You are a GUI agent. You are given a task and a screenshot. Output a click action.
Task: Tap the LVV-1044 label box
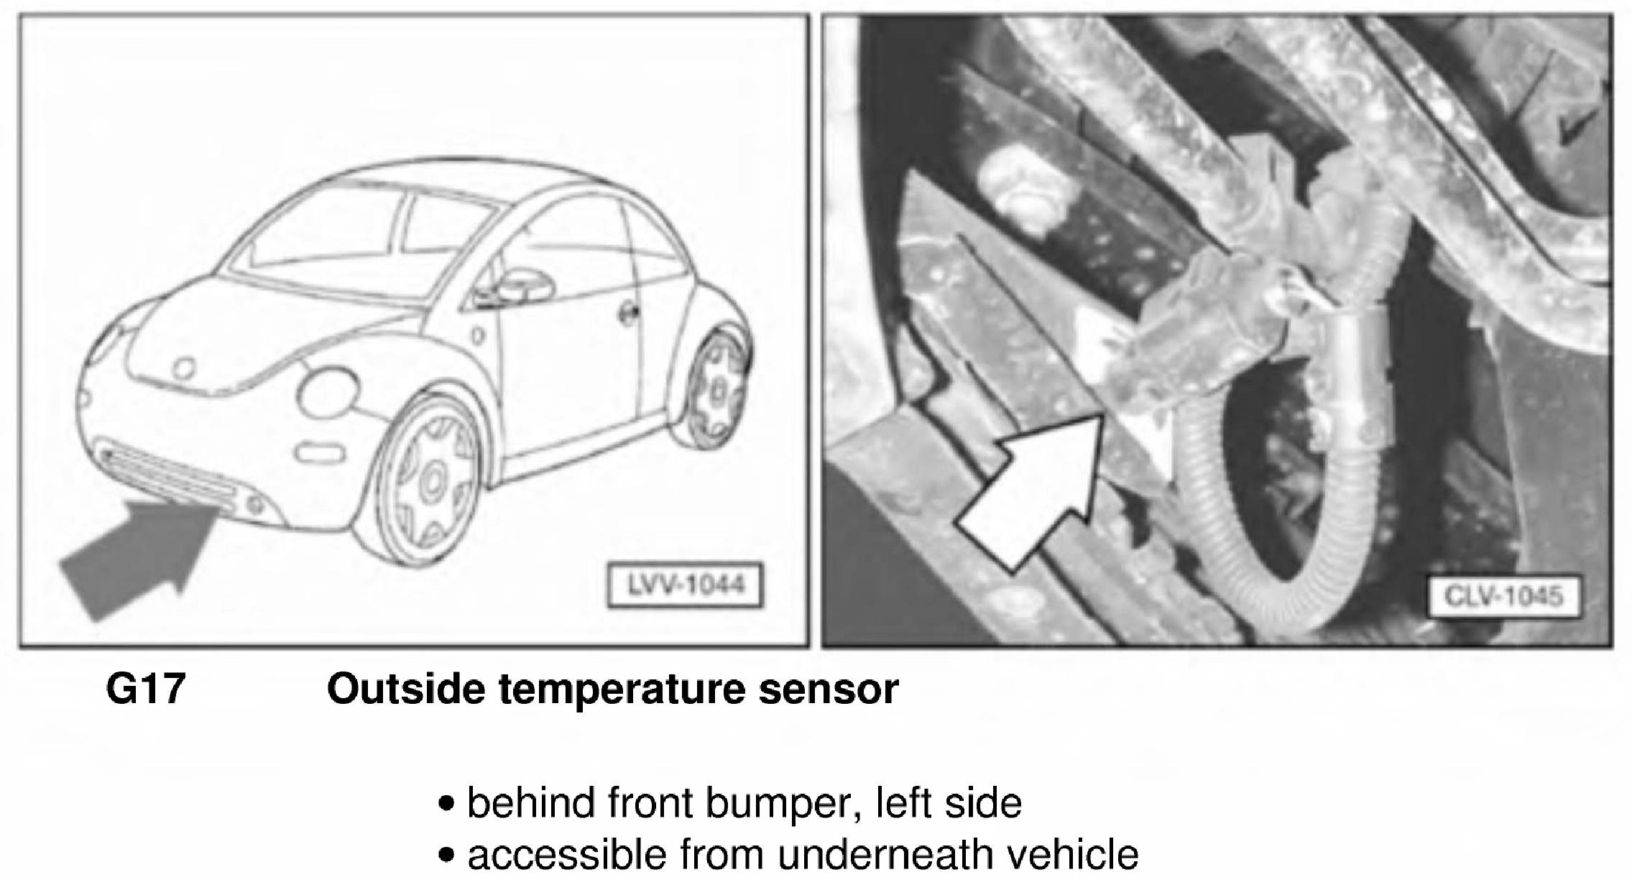tap(686, 586)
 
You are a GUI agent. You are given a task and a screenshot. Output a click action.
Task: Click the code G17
tap(146, 689)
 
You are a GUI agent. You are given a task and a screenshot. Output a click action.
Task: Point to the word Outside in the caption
tap(405, 689)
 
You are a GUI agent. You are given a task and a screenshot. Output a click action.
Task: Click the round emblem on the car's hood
tap(185, 369)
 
